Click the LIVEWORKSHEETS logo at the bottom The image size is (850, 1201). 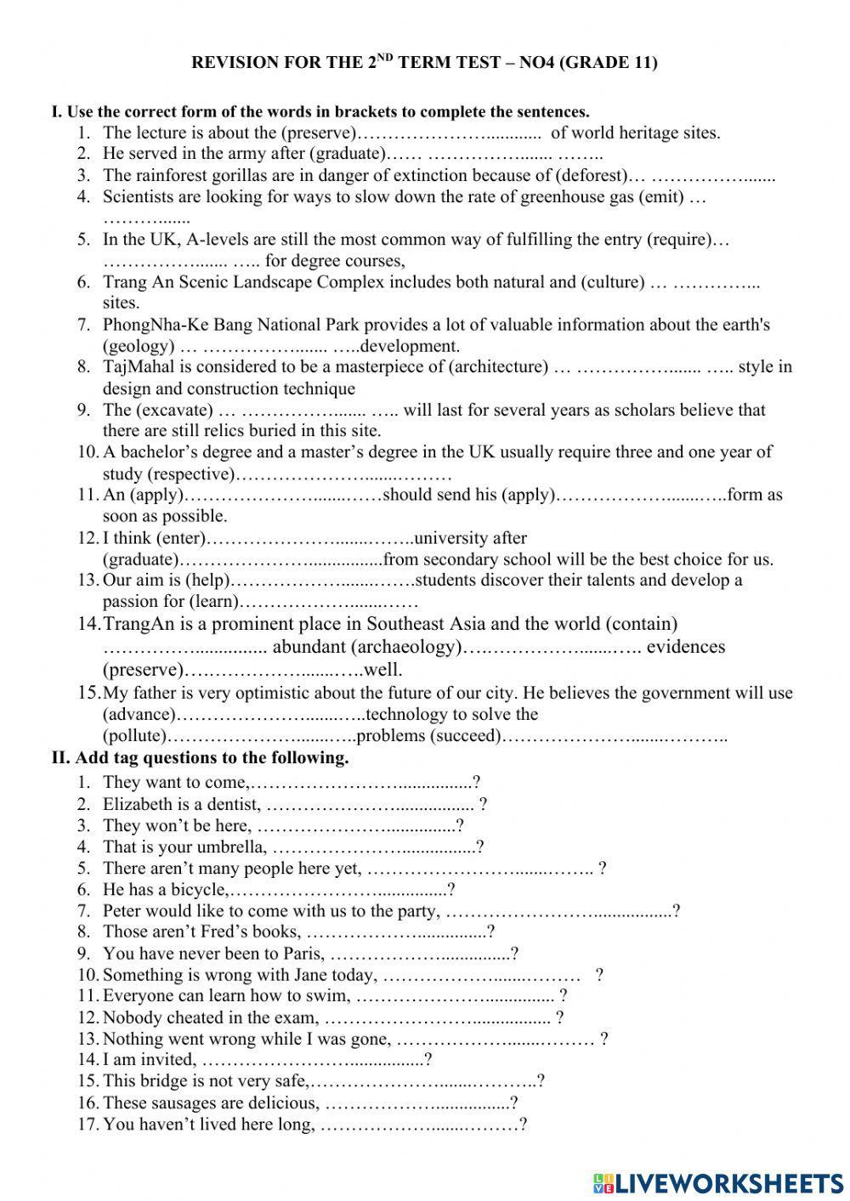point(718,1182)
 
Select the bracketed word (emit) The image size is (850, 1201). point(661,197)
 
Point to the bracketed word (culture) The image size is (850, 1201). point(612,282)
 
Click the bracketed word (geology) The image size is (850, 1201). point(139,346)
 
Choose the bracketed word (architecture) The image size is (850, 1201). point(497,367)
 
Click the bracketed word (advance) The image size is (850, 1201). point(139,715)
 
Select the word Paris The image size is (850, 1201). point(302,954)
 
